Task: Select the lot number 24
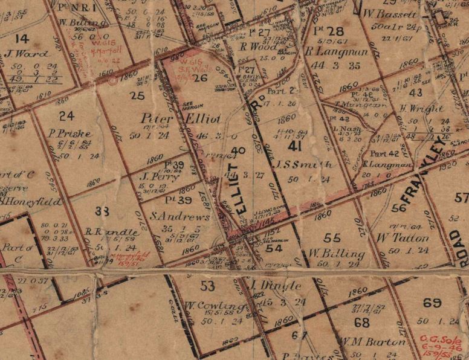click(x=66, y=115)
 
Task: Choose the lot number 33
click(x=102, y=211)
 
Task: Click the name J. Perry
click(x=154, y=177)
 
